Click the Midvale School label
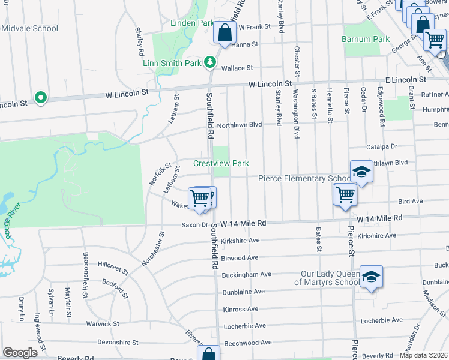[x=29, y=28]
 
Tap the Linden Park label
[x=192, y=23]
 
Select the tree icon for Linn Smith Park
[x=209, y=62]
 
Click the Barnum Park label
[x=366, y=39]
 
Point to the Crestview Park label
[x=220, y=163]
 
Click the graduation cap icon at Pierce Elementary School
[x=361, y=172]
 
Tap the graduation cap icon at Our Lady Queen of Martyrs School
[x=371, y=277]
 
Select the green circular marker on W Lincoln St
[x=40, y=97]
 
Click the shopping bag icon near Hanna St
[x=224, y=34]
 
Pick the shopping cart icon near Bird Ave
[x=346, y=196]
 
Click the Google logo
[x=20, y=353]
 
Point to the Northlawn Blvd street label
[x=240, y=125]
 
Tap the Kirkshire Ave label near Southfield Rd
[x=240, y=240]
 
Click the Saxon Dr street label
[x=195, y=225]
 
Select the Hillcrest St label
[x=113, y=267]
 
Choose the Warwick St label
[x=103, y=324]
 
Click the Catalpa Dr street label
[x=382, y=146]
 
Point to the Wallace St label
[x=237, y=68]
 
